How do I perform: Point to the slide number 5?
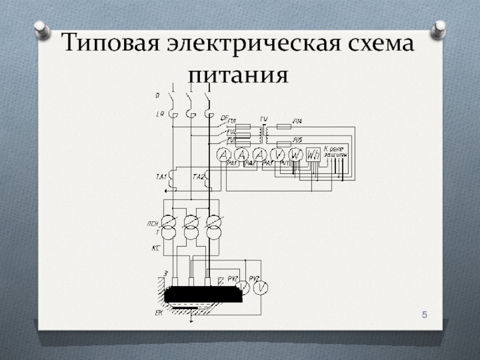click(x=425, y=316)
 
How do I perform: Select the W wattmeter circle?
click(x=295, y=155)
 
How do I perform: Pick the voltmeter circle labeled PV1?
click(x=278, y=155)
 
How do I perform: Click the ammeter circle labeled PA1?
click(x=224, y=155)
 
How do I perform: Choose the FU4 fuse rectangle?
click(x=284, y=127)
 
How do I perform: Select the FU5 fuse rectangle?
click(x=284, y=145)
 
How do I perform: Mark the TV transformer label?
click(x=263, y=118)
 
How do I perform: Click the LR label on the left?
click(x=160, y=113)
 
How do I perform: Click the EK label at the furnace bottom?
click(x=158, y=313)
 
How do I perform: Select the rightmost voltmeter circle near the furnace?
click(x=261, y=288)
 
